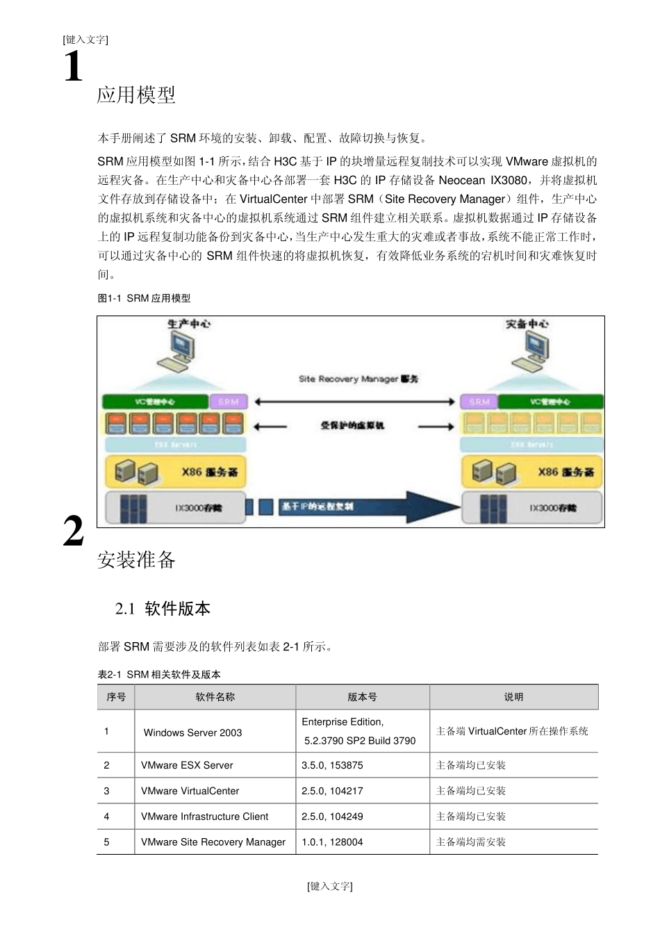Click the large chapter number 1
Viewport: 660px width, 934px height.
click(73, 67)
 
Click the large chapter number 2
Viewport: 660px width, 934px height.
click(73, 532)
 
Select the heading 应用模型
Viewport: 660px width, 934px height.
click(136, 95)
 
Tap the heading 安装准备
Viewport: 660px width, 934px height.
click(136, 559)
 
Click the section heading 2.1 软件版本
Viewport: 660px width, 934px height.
click(163, 609)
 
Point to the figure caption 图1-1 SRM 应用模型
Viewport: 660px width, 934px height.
click(144, 298)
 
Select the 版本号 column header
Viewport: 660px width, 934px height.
click(362, 697)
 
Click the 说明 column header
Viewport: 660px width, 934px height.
click(513, 697)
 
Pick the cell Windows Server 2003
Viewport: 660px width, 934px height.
click(192, 732)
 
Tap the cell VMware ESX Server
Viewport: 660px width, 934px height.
click(187, 765)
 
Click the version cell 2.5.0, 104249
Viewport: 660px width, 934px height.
click(332, 817)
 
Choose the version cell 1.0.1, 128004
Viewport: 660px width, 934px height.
click(332, 842)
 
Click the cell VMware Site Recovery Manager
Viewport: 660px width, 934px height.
click(213, 842)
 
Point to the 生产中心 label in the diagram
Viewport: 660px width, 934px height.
click(188, 324)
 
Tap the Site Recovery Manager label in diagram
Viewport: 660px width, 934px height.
click(358, 379)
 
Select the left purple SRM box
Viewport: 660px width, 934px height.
click(228, 402)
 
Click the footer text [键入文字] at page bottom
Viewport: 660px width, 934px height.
click(330, 886)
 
